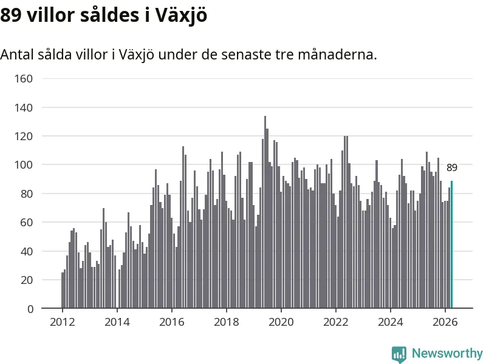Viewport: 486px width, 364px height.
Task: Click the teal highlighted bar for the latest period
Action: (x=451, y=244)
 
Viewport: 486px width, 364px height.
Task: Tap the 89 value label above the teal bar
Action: (x=451, y=168)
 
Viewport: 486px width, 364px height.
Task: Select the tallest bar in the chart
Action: (x=265, y=212)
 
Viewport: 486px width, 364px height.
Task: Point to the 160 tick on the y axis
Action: (x=24, y=79)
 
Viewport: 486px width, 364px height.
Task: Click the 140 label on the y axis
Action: (x=24, y=108)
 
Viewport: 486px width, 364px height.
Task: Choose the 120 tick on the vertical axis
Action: (x=24, y=136)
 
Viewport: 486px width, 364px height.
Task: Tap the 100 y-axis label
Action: (x=24, y=164)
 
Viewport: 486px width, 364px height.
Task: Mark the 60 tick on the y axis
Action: (x=27, y=222)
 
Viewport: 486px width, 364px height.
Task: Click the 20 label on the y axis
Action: (x=27, y=280)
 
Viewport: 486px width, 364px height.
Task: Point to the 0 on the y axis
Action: (x=30, y=309)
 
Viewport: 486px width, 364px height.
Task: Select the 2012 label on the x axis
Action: (x=63, y=322)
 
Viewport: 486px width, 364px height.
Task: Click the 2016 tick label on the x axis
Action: (x=172, y=322)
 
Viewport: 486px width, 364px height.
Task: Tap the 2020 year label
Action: (x=281, y=322)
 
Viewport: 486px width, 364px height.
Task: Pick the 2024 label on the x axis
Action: (x=391, y=322)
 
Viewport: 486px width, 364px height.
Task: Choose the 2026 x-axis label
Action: (x=445, y=322)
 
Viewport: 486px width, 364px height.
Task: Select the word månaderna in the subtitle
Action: (x=338, y=55)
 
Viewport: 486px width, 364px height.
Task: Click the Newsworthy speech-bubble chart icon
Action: (x=399, y=354)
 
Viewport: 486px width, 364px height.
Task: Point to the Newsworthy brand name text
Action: (x=447, y=353)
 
